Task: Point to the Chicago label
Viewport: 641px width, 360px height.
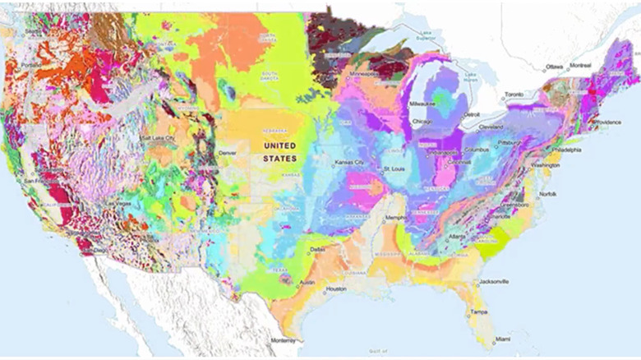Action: [x=425, y=122]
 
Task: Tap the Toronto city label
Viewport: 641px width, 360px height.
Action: [x=516, y=95]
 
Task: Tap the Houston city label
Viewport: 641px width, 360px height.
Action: [x=335, y=289]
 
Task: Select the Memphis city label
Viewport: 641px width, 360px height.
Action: [x=395, y=218]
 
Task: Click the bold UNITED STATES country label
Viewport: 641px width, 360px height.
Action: [x=279, y=151]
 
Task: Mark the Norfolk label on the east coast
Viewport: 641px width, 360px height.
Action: [x=547, y=194]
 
